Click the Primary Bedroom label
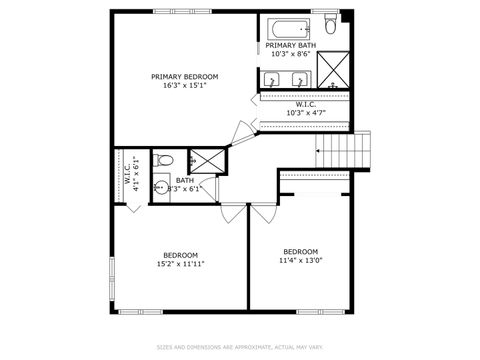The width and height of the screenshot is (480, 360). [x=184, y=77]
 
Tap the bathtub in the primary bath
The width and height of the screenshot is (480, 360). [x=287, y=29]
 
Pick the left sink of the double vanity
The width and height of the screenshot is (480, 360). [x=274, y=79]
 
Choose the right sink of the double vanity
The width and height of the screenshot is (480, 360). [x=301, y=79]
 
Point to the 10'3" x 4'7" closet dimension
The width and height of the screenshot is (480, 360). [x=305, y=113]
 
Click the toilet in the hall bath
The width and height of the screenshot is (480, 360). [x=165, y=160]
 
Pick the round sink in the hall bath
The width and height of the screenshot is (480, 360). [x=160, y=186]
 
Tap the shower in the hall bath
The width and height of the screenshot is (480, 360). [x=207, y=160]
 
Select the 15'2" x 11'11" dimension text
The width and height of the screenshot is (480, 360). [x=181, y=264]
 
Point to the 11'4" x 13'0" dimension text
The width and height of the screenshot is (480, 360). [x=300, y=260]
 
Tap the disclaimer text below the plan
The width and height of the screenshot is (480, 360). [x=240, y=347]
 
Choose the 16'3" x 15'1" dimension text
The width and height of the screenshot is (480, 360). [x=184, y=85]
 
